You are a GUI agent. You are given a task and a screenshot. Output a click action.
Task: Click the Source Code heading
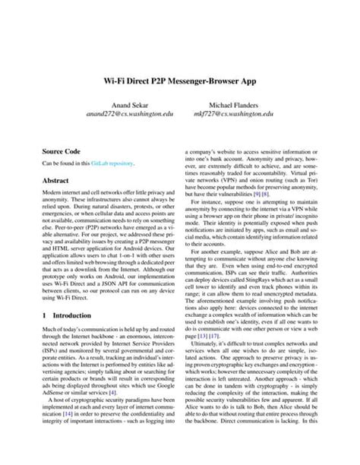[62, 151]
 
